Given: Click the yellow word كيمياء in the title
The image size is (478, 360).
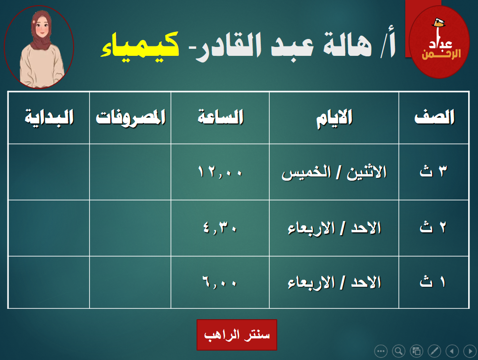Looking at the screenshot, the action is point(140,46).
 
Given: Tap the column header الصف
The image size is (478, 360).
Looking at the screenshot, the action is point(434,117).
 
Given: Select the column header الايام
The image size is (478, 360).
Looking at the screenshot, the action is point(334,118).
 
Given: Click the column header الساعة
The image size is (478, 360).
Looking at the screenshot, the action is point(220,117).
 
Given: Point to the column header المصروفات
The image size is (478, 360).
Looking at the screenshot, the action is point(130,117).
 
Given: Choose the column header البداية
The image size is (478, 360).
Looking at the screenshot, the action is point(49,118).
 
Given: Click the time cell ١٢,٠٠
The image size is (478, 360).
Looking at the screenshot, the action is point(220,172).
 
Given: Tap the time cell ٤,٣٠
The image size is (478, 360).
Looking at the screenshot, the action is point(220,228).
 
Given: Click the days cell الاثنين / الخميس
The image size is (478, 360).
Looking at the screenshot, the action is point(334,172).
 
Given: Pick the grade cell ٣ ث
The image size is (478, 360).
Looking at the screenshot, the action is point(433,171).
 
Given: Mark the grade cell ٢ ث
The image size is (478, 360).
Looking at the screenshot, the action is point(433,227).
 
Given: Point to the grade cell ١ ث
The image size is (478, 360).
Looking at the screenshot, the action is point(432,281).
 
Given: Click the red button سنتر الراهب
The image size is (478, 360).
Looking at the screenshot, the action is point(237,335).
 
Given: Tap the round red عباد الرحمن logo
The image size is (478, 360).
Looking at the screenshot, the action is point(439,42).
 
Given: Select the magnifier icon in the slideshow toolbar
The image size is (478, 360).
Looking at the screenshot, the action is point(398,351).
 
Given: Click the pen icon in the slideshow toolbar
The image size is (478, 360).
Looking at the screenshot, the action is point(434,351).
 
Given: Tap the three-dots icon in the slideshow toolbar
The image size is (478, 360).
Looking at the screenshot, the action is point(381,351).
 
